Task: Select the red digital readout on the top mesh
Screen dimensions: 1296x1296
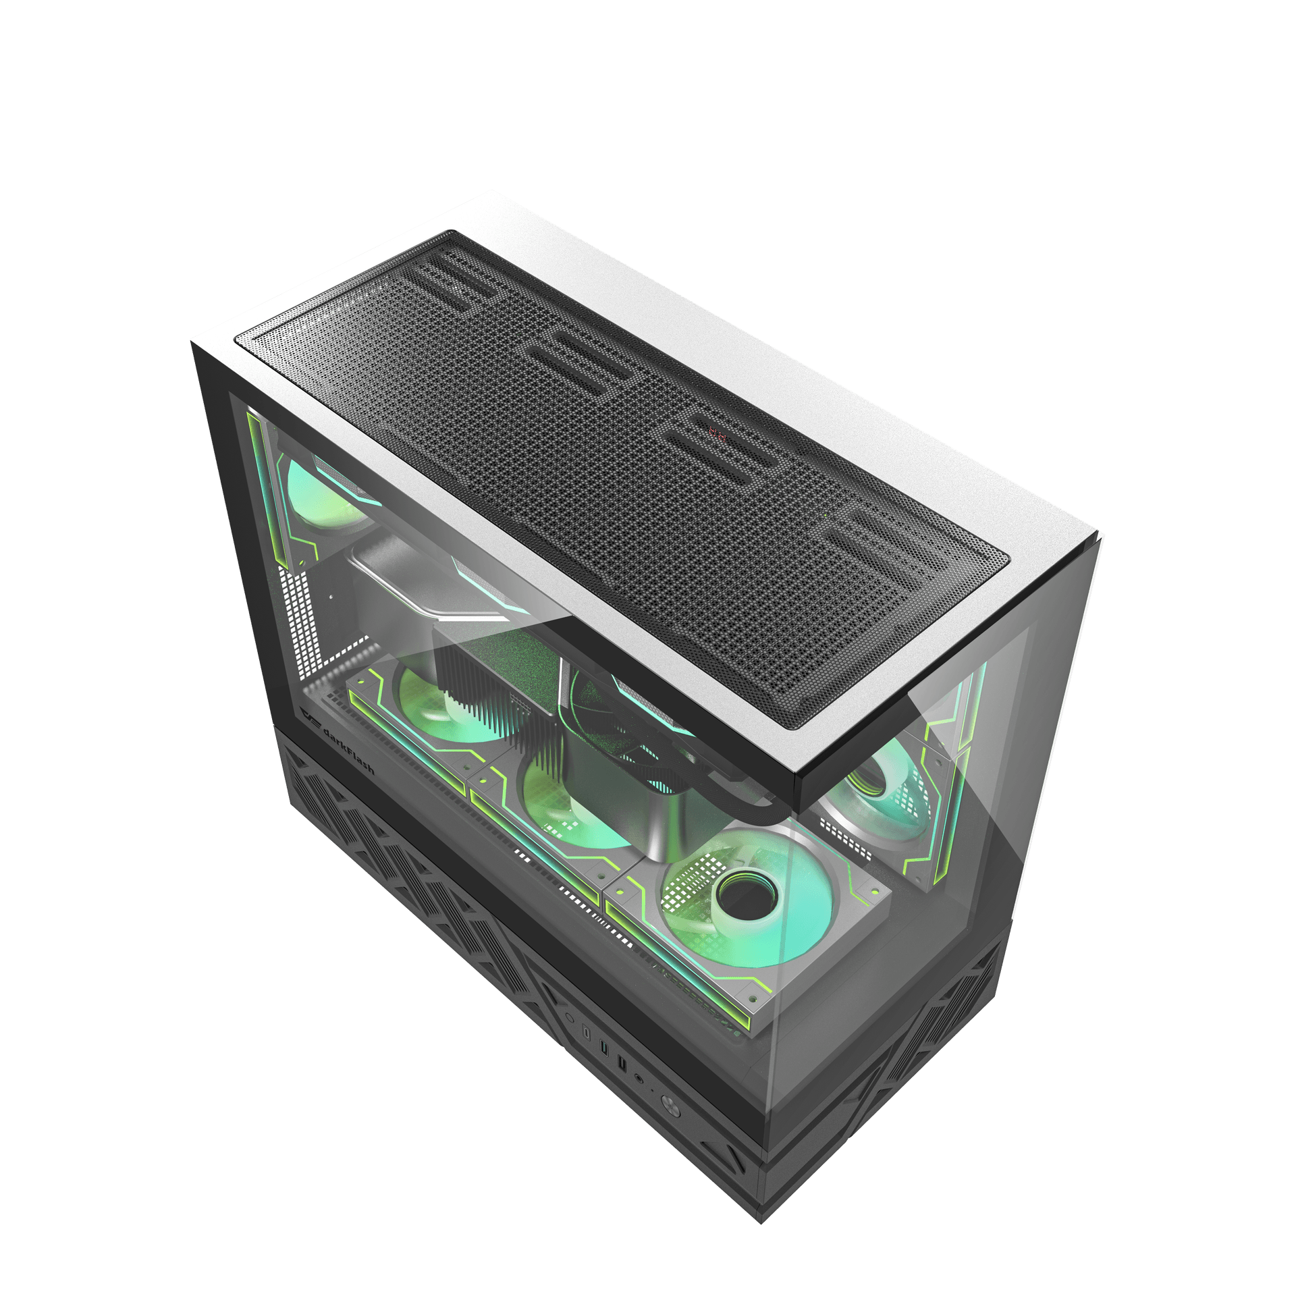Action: tap(718, 433)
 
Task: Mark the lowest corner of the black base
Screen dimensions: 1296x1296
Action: tap(761, 1220)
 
